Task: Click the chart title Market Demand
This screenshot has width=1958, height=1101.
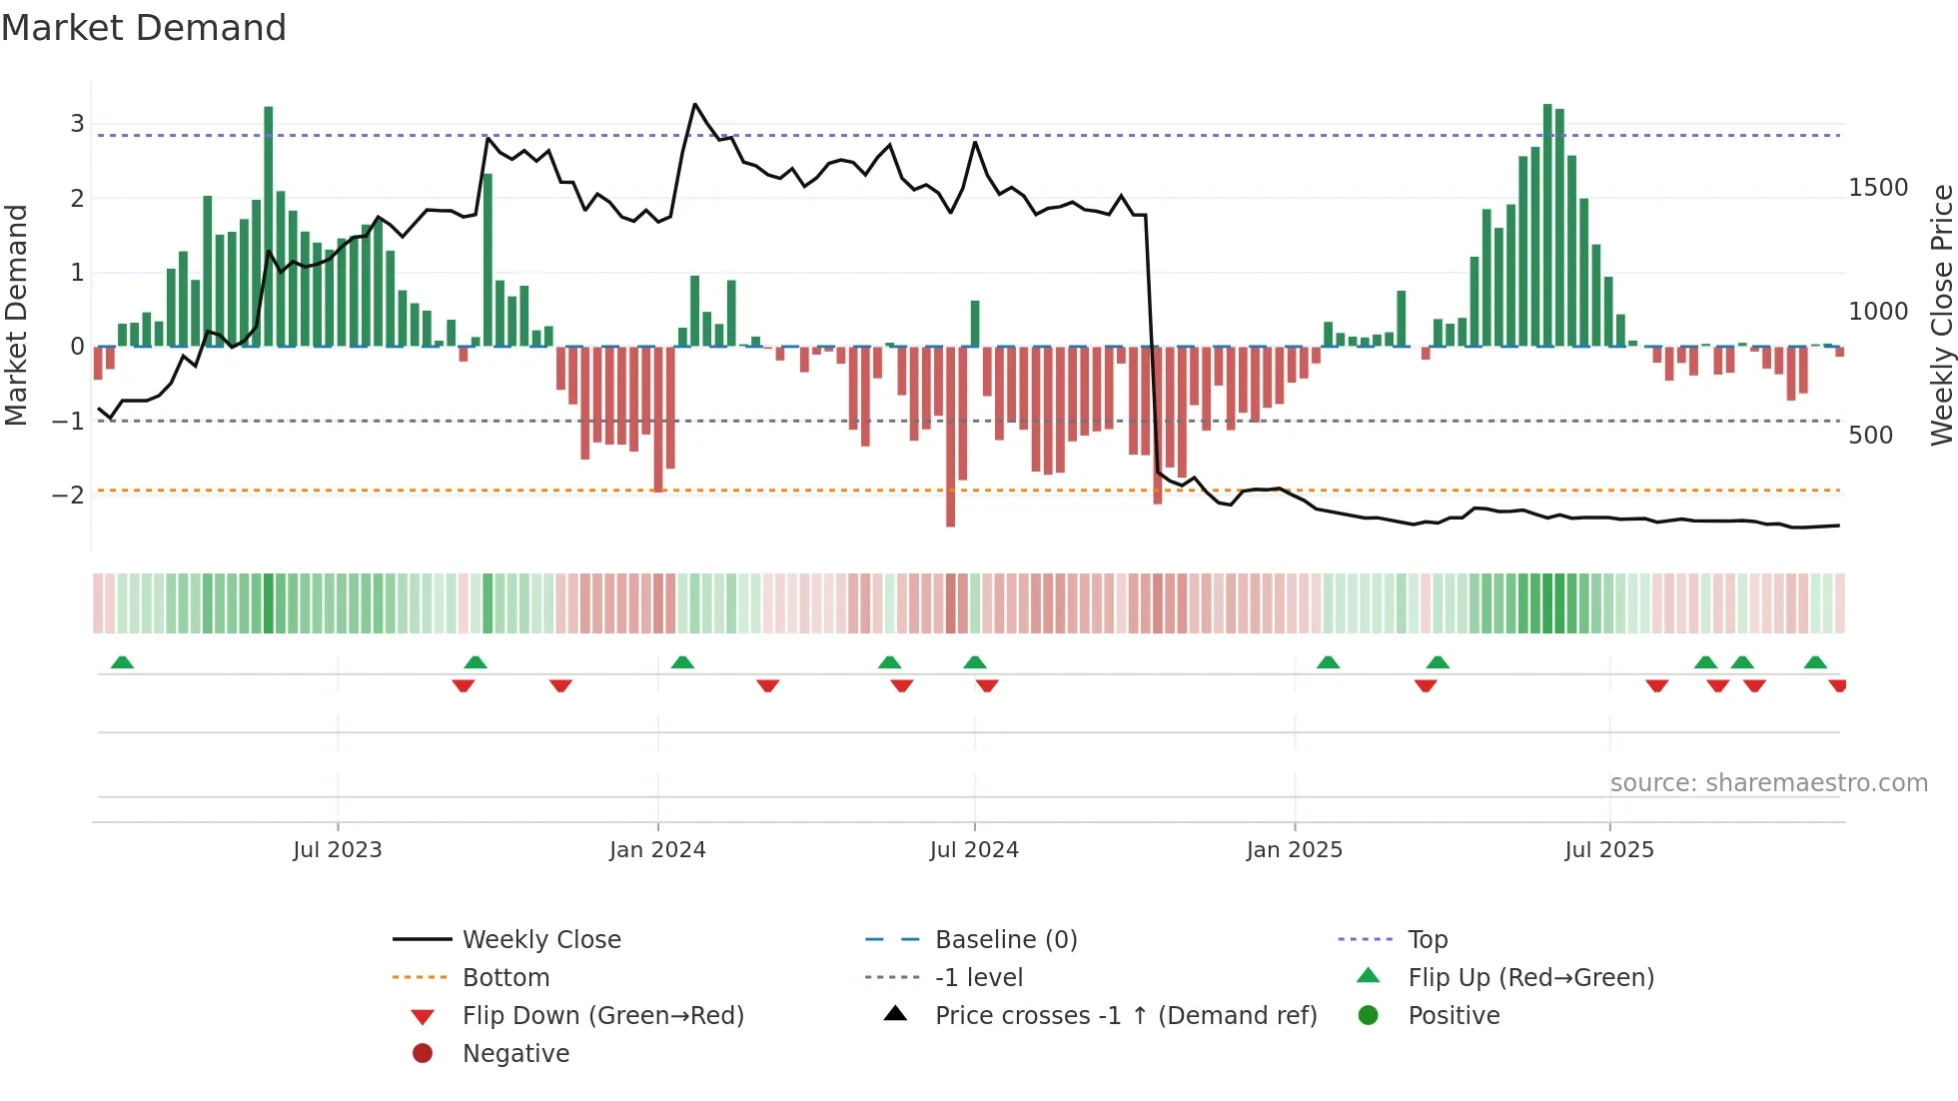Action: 144,28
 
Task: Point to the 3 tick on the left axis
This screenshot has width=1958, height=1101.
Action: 77,124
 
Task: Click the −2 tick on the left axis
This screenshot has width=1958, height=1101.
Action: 68,495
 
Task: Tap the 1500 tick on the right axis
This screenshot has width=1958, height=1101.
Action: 1878,188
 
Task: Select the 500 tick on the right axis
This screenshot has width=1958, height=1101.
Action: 1870,436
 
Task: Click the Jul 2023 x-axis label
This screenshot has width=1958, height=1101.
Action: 338,850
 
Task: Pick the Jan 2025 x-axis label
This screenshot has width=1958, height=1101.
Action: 1295,850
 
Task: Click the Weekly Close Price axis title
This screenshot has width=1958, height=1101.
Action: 1941,315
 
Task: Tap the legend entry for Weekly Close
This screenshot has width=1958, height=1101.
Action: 541,940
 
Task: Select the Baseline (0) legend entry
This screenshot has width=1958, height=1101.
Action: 1006,940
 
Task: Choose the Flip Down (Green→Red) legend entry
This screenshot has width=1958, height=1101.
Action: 602,1016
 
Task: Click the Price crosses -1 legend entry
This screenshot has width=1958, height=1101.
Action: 1126,1016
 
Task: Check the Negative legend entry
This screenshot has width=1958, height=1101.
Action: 515,1054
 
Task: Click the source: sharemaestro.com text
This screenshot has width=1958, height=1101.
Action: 1768,783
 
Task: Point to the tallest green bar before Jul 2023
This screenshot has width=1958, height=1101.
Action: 269,226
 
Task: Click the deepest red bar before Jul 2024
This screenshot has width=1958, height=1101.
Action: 950,437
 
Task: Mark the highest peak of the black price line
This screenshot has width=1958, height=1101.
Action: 695,105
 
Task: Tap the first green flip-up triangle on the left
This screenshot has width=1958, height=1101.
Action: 122,662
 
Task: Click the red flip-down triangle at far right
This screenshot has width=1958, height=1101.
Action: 1837,685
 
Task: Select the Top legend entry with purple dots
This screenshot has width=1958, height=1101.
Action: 1428,940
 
